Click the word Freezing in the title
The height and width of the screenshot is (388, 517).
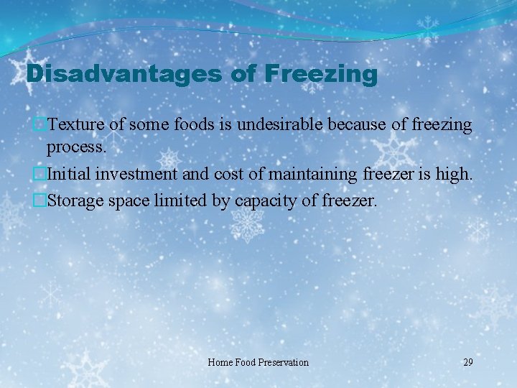pos(320,74)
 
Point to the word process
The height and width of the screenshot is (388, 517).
pos(76,148)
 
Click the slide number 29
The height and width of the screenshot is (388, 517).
pos(468,362)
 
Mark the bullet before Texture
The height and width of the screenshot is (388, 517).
pos(41,125)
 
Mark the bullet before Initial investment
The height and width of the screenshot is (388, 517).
pos(41,172)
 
